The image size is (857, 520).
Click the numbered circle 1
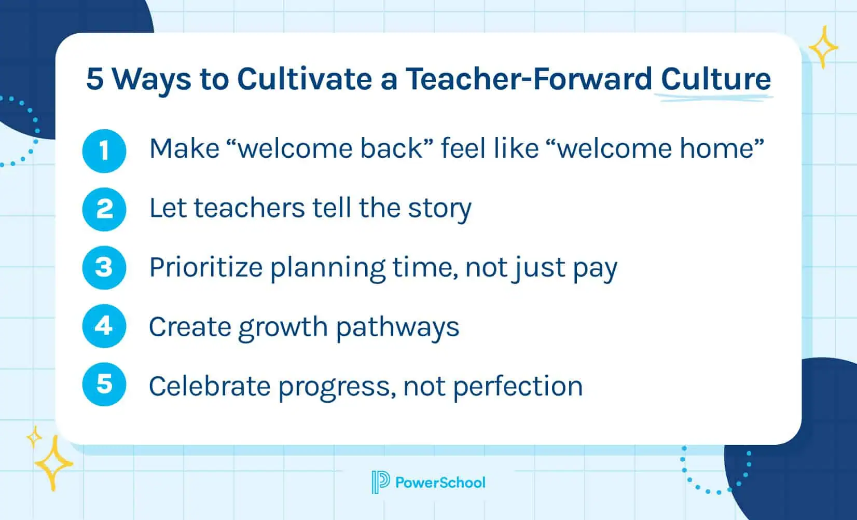[x=104, y=151]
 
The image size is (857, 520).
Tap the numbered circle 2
[x=104, y=209]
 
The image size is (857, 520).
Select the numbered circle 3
[x=104, y=268]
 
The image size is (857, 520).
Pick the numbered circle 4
[x=104, y=326]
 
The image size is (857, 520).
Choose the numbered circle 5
[x=104, y=385]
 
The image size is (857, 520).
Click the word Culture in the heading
[x=715, y=79]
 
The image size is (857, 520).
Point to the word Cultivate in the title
[x=303, y=79]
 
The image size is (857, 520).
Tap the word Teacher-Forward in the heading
[x=528, y=79]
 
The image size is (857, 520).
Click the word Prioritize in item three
[x=205, y=268]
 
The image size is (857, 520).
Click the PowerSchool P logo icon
[x=380, y=482]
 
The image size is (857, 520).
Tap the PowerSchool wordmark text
[x=440, y=483]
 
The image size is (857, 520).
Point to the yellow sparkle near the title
[x=823, y=47]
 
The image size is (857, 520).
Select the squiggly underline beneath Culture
[x=713, y=97]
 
